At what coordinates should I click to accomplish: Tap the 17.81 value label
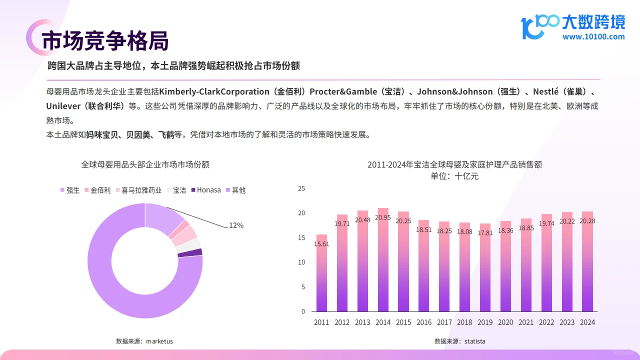485,233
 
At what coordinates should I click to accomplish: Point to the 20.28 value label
587,221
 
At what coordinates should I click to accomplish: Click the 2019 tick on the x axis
485,322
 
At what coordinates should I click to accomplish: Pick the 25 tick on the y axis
301,188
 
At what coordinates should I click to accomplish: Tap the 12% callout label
236,225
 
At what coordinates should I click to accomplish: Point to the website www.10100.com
593,36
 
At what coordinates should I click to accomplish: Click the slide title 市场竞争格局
104,41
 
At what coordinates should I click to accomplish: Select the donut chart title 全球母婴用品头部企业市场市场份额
145,164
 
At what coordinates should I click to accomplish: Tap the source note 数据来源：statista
459,341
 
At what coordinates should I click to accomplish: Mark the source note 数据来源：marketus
144,341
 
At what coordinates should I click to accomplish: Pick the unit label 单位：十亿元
454,176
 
